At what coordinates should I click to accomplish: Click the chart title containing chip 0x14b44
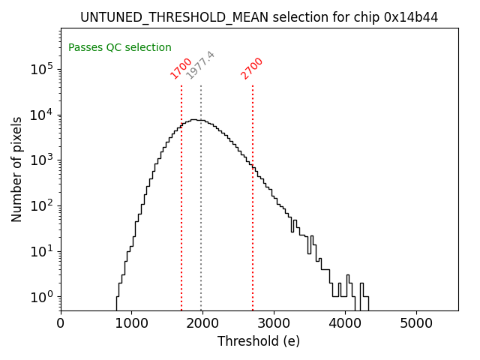(x=259, y=17)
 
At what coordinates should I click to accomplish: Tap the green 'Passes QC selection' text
(x=120, y=47)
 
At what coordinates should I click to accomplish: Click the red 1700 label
(x=181, y=67)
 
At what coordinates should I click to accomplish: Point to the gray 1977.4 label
(x=200, y=65)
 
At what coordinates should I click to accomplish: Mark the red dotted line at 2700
(x=253, y=225)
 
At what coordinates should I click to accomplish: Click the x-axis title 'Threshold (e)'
(x=259, y=341)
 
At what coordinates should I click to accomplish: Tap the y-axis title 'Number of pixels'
(x=17, y=169)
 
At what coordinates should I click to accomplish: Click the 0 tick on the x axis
(x=61, y=323)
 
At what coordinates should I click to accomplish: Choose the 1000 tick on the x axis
(x=132, y=323)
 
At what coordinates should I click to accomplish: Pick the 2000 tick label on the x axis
(x=202, y=323)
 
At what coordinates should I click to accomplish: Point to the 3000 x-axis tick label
(x=274, y=323)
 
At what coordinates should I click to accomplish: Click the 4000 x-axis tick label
(x=345, y=323)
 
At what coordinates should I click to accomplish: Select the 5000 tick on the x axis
(x=415, y=323)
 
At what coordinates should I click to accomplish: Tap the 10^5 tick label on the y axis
(x=42, y=70)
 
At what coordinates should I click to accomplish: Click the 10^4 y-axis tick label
(x=42, y=115)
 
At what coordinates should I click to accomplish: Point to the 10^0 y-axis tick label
(x=42, y=297)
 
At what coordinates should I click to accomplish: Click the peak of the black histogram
(x=193, y=119)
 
